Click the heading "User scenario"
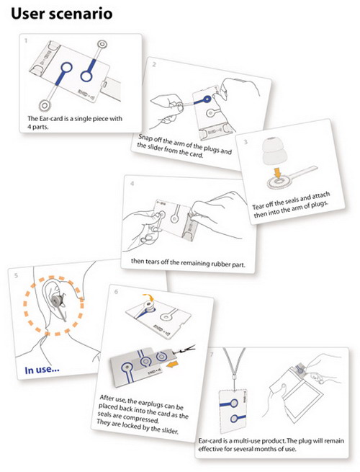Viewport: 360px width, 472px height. (62, 14)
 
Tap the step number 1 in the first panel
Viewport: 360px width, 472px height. (26, 40)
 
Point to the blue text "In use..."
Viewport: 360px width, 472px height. (42, 370)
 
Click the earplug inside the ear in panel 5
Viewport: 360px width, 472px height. (57, 300)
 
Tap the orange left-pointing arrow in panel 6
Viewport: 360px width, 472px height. (172, 365)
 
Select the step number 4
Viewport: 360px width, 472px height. (132, 183)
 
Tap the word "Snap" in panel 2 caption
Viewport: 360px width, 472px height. (145, 138)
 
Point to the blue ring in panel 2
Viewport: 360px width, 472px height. (207, 99)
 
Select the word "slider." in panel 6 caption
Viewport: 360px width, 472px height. (170, 430)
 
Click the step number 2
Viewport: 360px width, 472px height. (154, 64)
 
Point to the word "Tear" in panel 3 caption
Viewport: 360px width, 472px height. (258, 207)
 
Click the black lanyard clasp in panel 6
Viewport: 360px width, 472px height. (186, 349)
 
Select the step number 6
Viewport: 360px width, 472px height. (117, 292)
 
